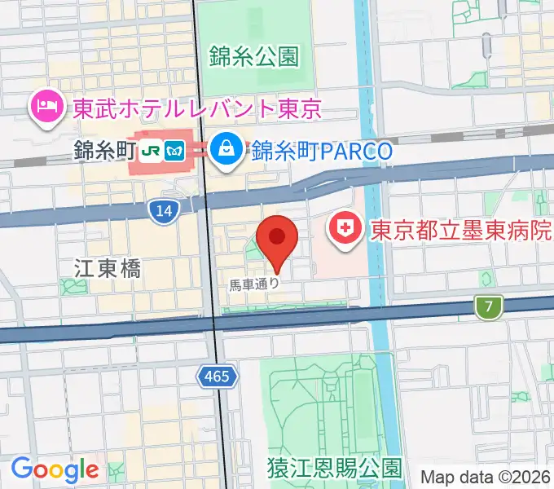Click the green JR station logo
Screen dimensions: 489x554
click(151, 151)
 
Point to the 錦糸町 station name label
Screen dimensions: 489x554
click(102, 151)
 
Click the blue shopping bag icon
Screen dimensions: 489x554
click(222, 149)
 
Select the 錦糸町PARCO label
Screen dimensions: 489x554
click(323, 151)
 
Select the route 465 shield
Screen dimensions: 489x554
click(218, 376)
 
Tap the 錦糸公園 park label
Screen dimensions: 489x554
click(253, 55)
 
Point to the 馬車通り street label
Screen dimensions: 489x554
click(254, 284)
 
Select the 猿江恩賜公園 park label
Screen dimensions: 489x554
click(334, 468)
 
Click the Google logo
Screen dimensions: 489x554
click(55, 469)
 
